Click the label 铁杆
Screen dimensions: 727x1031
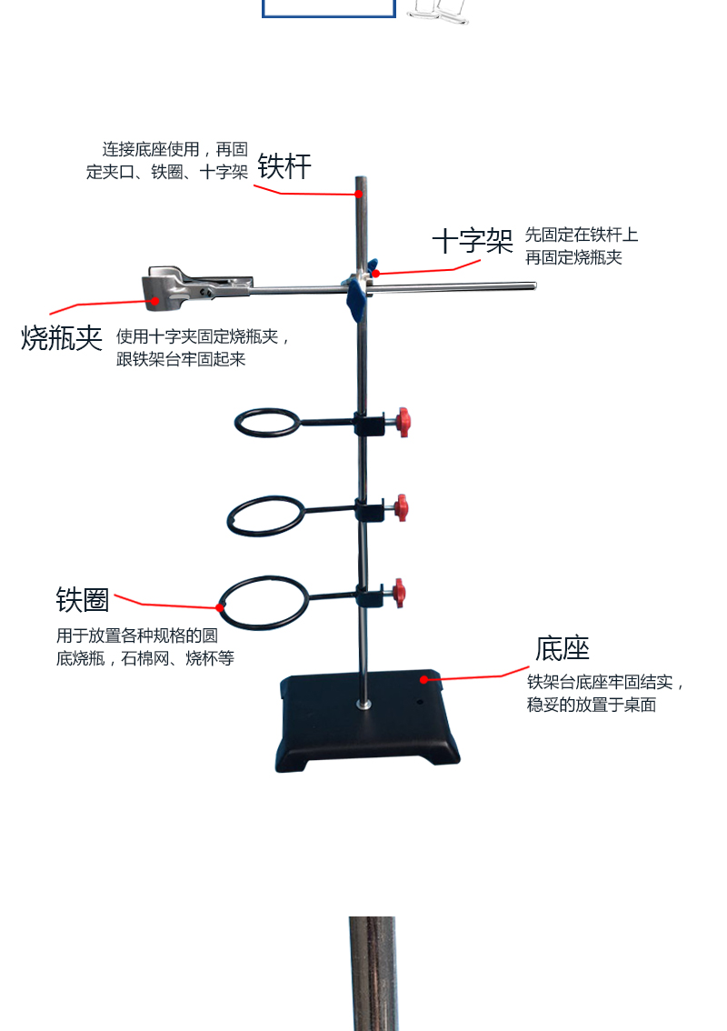(284, 166)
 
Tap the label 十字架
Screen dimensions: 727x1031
(472, 241)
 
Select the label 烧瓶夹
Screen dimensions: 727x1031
(62, 338)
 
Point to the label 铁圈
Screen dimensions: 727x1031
(83, 600)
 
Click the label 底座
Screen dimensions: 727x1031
(563, 648)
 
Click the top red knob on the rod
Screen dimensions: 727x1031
(402, 422)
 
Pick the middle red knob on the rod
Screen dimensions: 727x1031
(401, 507)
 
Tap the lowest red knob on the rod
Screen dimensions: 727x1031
(399, 593)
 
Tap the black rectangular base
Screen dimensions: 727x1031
(367, 723)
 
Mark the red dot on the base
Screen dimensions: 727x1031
(423, 678)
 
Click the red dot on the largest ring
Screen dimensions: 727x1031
(219, 607)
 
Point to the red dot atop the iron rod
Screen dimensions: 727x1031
(359, 194)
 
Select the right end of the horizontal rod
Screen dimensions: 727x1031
(532, 287)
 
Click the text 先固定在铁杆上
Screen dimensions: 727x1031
(582, 235)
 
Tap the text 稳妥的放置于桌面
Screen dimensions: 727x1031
(592, 705)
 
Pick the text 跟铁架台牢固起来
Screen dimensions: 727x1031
(181, 359)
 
